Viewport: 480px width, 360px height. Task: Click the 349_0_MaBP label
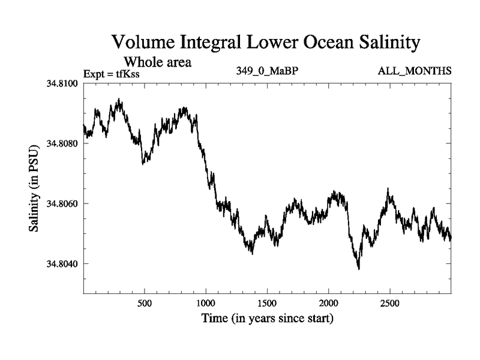click(267, 71)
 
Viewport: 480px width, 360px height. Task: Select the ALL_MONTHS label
click(414, 71)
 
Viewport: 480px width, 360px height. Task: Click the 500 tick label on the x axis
click(145, 303)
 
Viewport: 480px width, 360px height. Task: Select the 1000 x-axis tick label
click(206, 303)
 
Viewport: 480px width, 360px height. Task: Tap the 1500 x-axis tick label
click(267, 303)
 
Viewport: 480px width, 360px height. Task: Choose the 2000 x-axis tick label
click(328, 303)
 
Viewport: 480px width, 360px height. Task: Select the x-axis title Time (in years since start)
click(266, 319)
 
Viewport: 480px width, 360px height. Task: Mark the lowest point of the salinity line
click(359, 269)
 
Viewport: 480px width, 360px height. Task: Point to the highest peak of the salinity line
click(119, 99)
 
